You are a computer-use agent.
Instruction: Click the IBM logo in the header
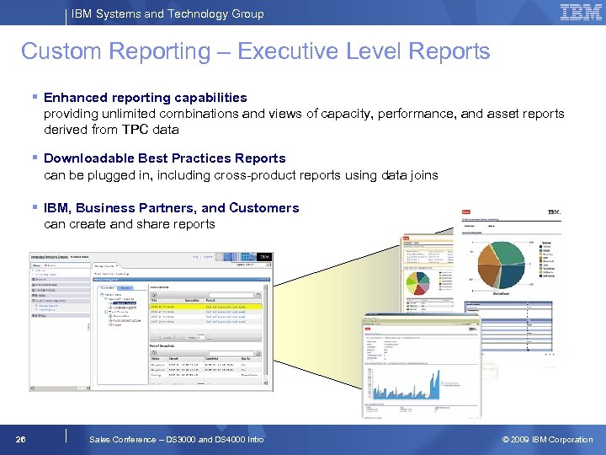[580, 13]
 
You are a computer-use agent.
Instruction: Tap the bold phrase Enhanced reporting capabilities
[145, 98]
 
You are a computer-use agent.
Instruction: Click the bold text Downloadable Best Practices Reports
[164, 158]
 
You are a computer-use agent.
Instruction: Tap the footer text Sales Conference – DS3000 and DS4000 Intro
[176, 439]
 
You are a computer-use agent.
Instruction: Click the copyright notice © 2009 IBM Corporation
[547, 439]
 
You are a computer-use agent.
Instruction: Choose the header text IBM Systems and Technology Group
[167, 13]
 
